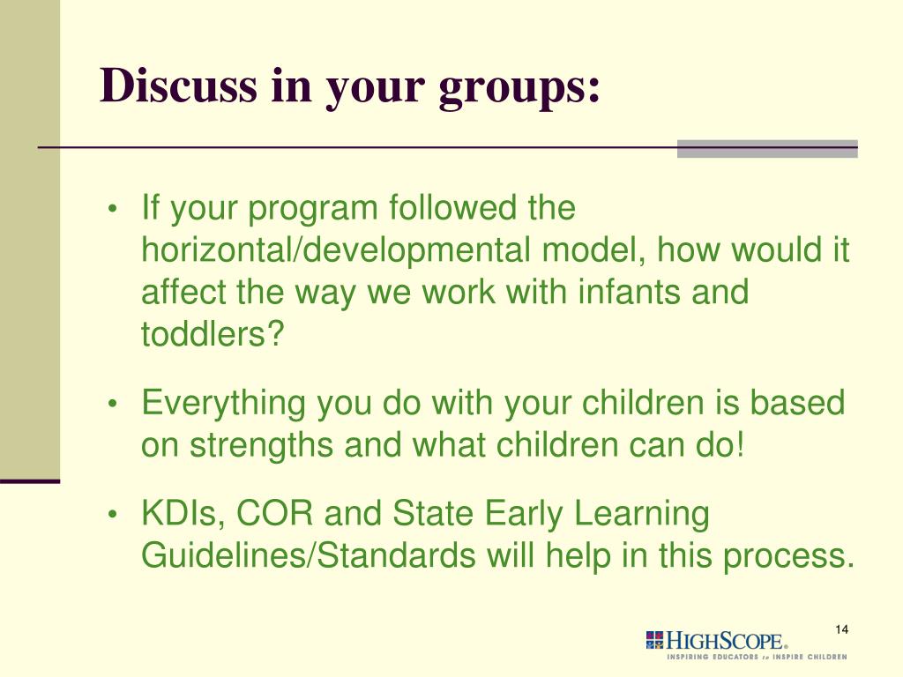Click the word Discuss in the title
coord(178,86)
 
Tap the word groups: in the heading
coord(519,89)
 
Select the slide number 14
coord(841,629)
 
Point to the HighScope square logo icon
coord(655,641)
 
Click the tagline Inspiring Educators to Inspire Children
coord(757,657)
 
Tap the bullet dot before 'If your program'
coord(113,208)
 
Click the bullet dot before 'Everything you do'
coord(113,404)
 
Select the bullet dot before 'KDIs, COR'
coord(113,514)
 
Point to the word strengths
coord(261,445)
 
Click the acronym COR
coord(275,513)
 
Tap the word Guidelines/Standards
coord(309,555)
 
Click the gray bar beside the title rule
coord(767,148)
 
